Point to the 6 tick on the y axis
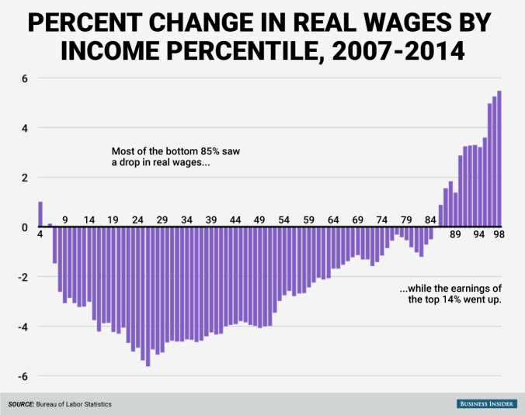click(x=24, y=78)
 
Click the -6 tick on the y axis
click(x=23, y=377)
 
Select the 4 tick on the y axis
click(x=24, y=128)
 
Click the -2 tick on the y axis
click(x=23, y=278)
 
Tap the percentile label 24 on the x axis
click(x=137, y=220)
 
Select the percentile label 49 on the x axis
click(x=259, y=220)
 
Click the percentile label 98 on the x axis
click(x=497, y=235)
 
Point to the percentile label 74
click(x=382, y=220)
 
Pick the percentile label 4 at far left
click(x=40, y=235)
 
